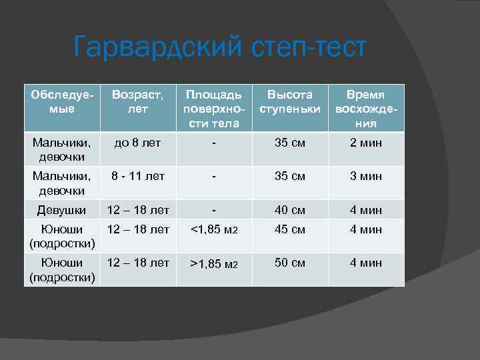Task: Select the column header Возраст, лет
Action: [x=138, y=101]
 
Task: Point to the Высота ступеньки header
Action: [x=290, y=101]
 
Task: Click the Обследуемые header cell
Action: [x=62, y=101]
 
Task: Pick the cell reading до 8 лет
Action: [x=138, y=142]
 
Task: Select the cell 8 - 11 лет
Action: [x=138, y=177]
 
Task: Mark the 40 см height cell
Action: [x=290, y=210]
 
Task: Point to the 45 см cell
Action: [x=290, y=230]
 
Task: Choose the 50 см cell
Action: [x=290, y=263]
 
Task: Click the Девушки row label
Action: [x=62, y=210]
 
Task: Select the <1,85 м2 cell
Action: [x=214, y=231]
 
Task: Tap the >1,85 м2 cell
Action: [x=214, y=264]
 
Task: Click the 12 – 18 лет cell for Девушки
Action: [x=138, y=210]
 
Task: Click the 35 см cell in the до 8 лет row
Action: [x=290, y=142]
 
